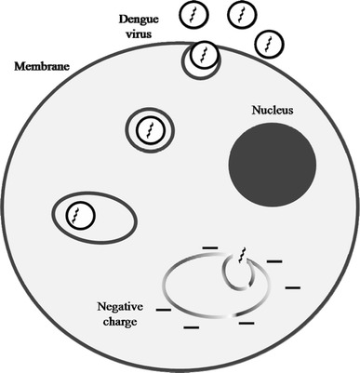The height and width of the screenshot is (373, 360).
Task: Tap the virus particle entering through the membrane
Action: tap(202, 60)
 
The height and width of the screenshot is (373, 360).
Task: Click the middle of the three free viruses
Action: tap(243, 16)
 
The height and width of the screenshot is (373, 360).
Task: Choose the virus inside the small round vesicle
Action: tap(150, 129)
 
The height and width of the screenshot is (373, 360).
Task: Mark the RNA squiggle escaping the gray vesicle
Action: tap(244, 255)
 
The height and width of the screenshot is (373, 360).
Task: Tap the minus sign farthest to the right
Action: tap(294, 287)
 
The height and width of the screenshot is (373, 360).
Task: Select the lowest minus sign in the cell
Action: tap(191, 327)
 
